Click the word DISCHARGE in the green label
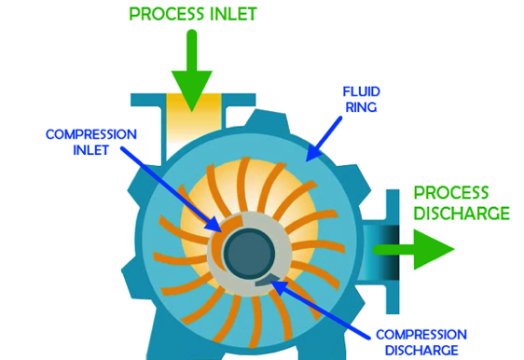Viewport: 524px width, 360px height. (x=462, y=214)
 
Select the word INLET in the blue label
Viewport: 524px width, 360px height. (x=67, y=151)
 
